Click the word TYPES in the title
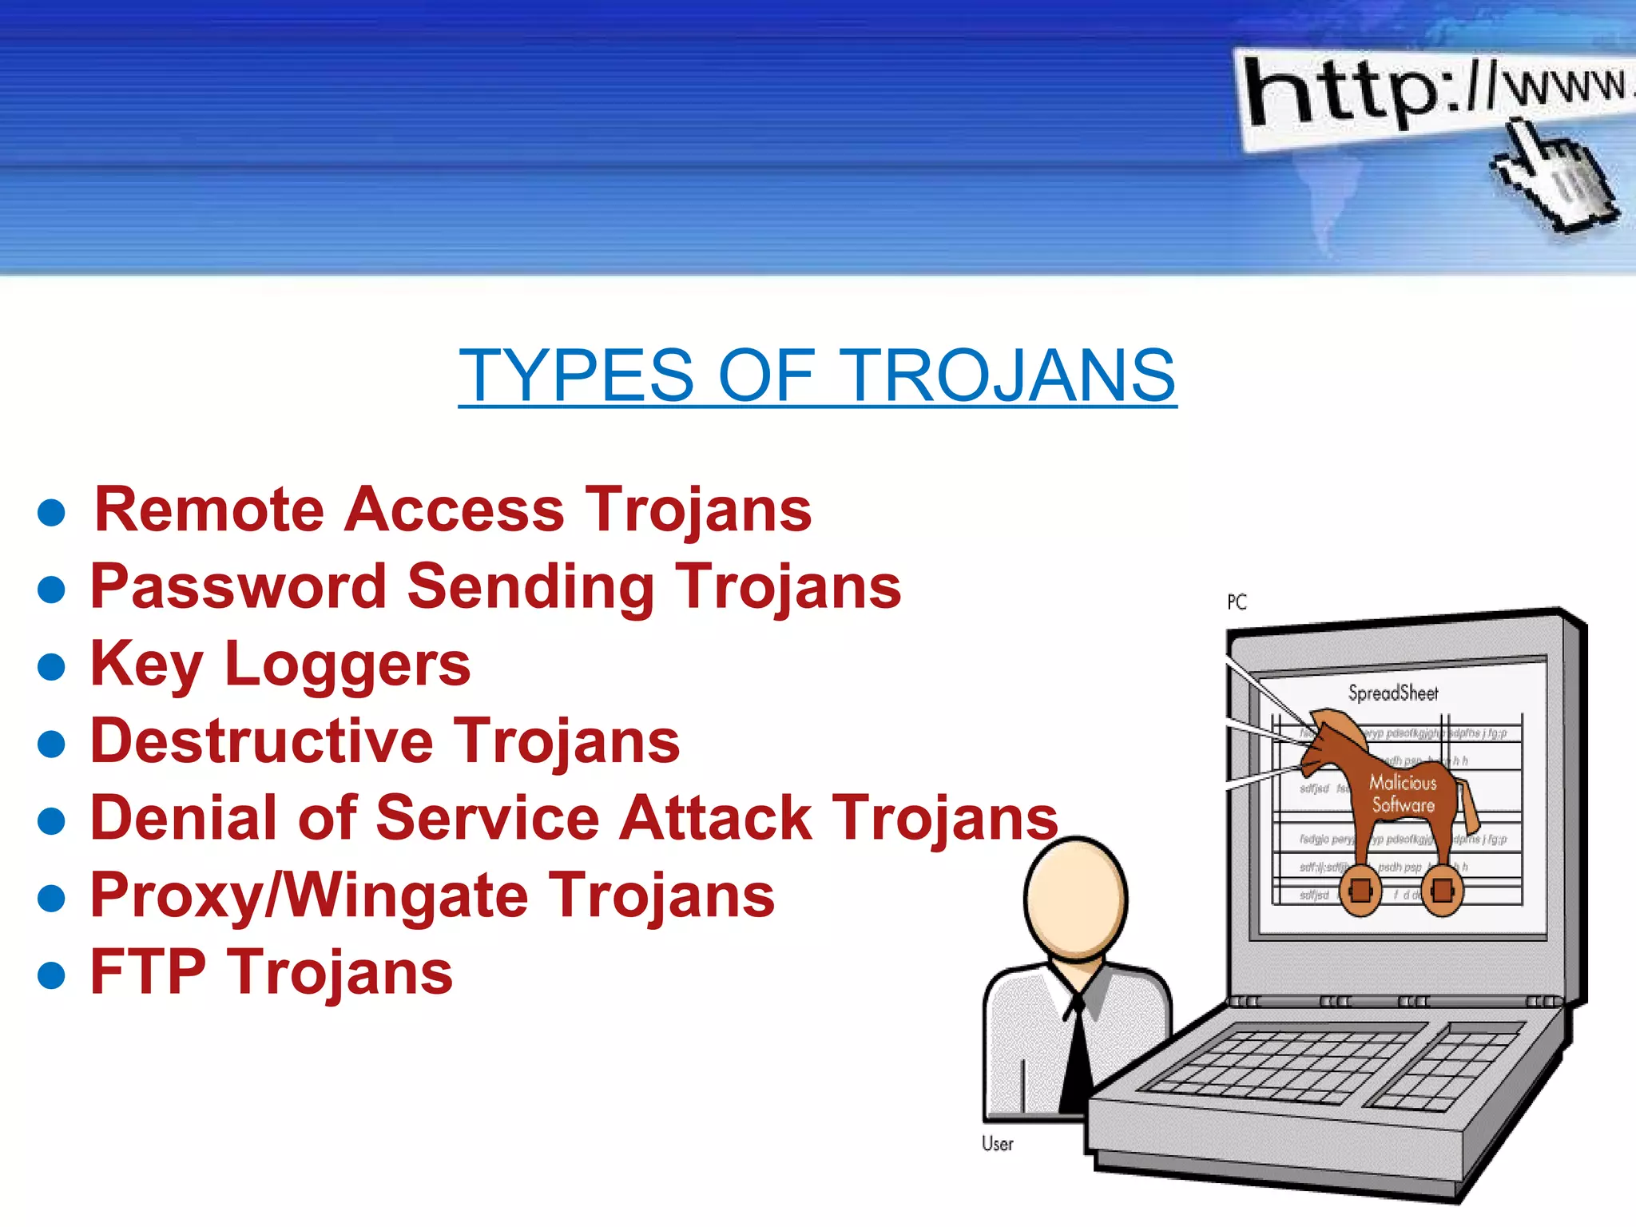pos(576,375)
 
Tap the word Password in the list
pos(238,586)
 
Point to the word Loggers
pos(347,665)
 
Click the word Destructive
pos(262,741)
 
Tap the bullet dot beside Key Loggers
pos(51,666)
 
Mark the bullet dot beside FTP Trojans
pos(51,975)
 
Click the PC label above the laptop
pos(1237,602)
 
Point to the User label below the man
pos(997,1144)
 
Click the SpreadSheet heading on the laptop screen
pos(1393,693)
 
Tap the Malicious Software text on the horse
pos(1403,793)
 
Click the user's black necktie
pos(1077,1054)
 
